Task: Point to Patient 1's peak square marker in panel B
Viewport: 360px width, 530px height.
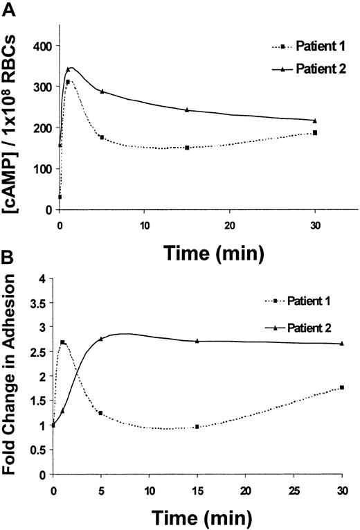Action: [x=63, y=342]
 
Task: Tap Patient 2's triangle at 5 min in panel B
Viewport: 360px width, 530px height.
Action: [x=101, y=339]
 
